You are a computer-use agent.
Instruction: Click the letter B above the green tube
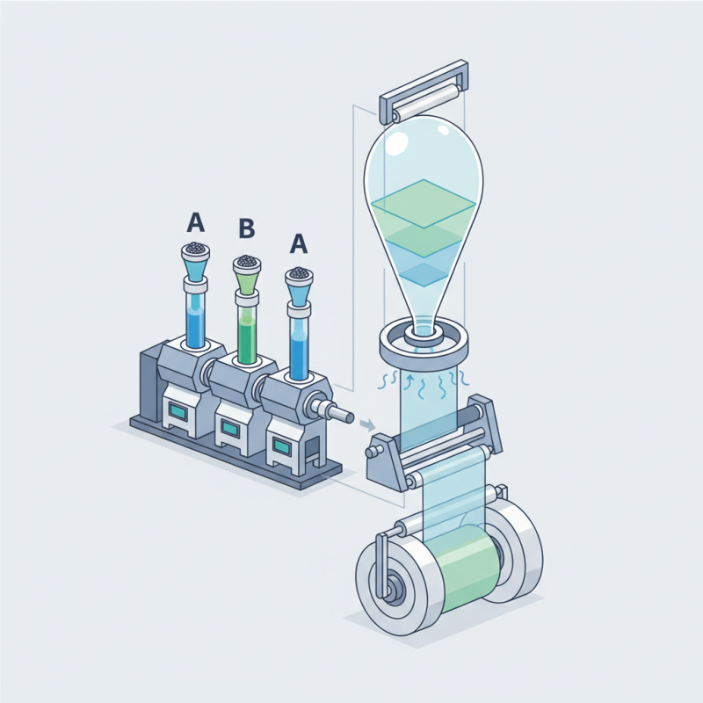[247, 229]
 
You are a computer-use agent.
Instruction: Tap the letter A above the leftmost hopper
[196, 221]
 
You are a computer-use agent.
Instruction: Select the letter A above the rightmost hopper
[299, 243]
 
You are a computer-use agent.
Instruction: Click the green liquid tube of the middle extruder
[248, 325]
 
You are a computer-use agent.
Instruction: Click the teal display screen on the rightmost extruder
[281, 446]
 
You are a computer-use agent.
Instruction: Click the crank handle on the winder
[379, 562]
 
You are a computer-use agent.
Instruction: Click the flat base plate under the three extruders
[220, 457]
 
